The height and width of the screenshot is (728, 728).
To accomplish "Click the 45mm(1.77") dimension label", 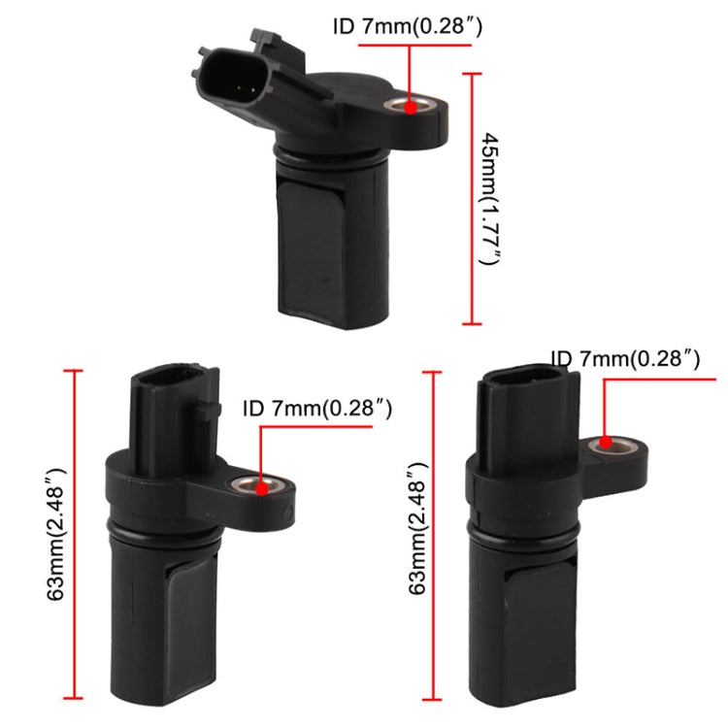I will pyautogui.click(x=490, y=199).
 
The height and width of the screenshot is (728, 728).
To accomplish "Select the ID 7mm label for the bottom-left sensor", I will pyautogui.click(x=317, y=410).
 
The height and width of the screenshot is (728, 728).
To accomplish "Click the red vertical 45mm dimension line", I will pyautogui.click(x=473, y=199).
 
